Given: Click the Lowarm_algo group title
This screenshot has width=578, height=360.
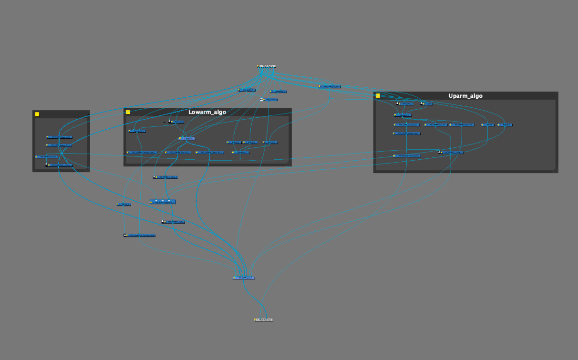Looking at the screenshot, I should pyautogui.click(x=207, y=112).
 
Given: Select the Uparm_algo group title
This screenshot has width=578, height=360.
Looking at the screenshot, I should pyautogui.click(x=465, y=96).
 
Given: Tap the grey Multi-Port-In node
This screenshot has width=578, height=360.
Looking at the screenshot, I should pyautogui.click(x=266, y=66).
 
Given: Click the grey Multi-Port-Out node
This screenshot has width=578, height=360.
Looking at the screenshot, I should pyautogui.click(x=264, y=319).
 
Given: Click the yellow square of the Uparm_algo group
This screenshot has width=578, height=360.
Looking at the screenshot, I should pyautogui.click(x=378, y=96).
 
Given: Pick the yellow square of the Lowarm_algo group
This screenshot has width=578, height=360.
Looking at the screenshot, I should pyautogui.click(x=128, y=112).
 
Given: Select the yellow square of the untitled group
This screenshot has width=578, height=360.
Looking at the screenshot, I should pyautogui.click(x=37, y=114).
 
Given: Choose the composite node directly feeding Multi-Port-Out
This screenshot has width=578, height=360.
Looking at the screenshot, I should pyautogui.click(x=244, y=278).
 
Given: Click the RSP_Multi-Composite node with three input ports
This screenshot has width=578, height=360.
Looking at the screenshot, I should pyautogui.click(x=163, y=202).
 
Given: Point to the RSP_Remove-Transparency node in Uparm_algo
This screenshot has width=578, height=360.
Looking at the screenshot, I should pyautogui.click(x=407, y=156).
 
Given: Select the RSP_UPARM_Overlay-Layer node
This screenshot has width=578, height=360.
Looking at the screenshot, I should pyautogui.click(x=407, y=134).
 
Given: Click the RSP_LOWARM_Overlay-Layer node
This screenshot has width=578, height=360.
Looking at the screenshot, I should pyautogui.click(x=142, y=153).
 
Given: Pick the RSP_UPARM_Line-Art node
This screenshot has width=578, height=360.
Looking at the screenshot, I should pyautogui.click(x=436, y=125).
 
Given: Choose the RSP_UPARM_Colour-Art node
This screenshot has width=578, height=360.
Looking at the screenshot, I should pyautogui.click(x=462, y=125).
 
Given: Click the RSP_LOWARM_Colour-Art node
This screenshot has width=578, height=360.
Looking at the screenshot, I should pyautogui.click(x=210, y=153).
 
